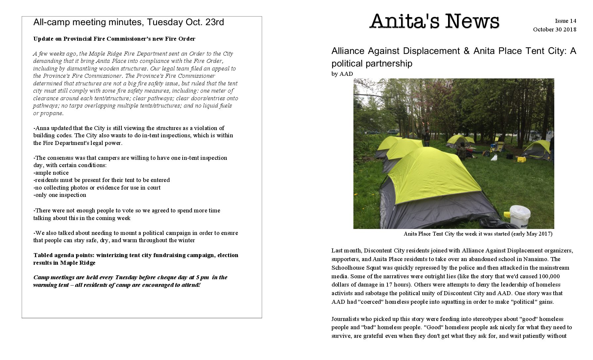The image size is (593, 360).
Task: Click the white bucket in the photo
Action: (x=520, y=216)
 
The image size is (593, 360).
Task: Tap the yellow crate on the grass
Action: (x=522, y=159)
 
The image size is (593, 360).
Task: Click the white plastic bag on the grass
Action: (x=494, y=157)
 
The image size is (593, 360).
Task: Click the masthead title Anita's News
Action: (x=434, y=21)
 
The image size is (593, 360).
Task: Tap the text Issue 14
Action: (x=566, y=21)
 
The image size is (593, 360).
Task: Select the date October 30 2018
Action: (x=554, y=29)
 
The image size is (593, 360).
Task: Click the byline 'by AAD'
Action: (x=342, y=74)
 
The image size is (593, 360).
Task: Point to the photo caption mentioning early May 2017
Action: (x=478, y=234)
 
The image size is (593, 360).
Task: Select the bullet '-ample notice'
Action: (x=51, y=173)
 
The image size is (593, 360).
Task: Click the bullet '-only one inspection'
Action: (x=60, y=195)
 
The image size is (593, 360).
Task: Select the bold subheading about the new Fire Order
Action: (x=114, y=39)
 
